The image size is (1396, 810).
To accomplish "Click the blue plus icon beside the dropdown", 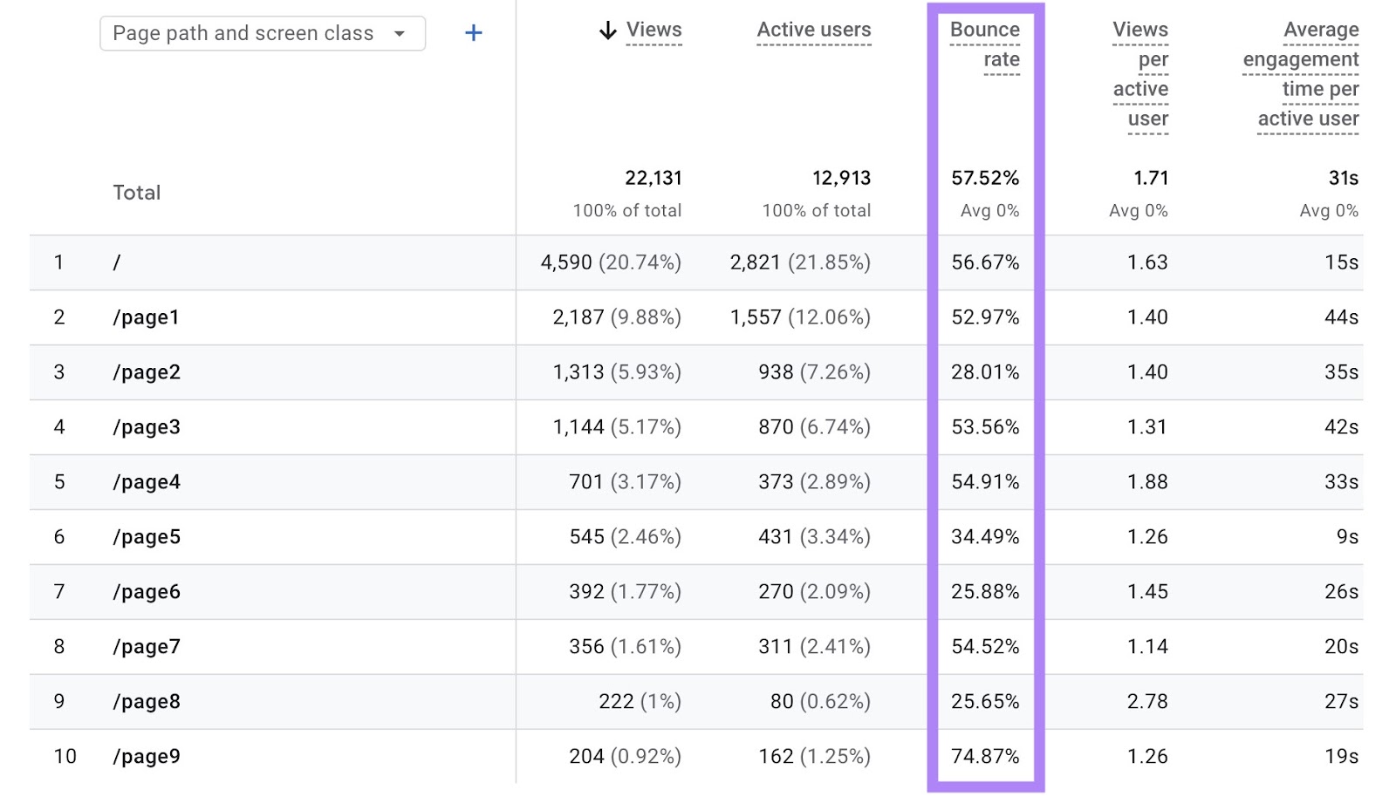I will click(473, 33).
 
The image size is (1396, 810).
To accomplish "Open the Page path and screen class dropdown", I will click(262, 33).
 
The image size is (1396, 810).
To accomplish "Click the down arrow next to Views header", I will click(608, 31).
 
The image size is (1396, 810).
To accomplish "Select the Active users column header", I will click(813, 30).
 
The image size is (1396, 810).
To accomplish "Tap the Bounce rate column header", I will click(985, 44).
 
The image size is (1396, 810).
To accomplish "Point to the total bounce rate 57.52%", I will click(985, 178).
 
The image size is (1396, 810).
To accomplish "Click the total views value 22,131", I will click(653, 178).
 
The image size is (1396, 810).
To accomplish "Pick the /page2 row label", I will click(147, 372).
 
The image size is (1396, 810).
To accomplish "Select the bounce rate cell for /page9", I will click(985, 756).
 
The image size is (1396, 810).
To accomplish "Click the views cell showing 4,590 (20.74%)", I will click(611, 262).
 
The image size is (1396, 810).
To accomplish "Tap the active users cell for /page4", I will click(814, 482).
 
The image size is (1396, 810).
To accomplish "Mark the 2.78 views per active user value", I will click(1146, 701).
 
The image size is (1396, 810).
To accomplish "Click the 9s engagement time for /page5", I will click(1347, 537).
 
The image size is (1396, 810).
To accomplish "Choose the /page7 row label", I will click(147, 647).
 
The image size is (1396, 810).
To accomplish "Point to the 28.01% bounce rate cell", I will click(985, 372).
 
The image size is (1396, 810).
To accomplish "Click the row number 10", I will click(65, 756).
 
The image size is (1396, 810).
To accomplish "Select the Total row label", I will click(137, 193).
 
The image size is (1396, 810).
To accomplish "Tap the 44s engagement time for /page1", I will click(1341, 317).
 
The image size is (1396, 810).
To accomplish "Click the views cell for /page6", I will click(625, 592).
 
